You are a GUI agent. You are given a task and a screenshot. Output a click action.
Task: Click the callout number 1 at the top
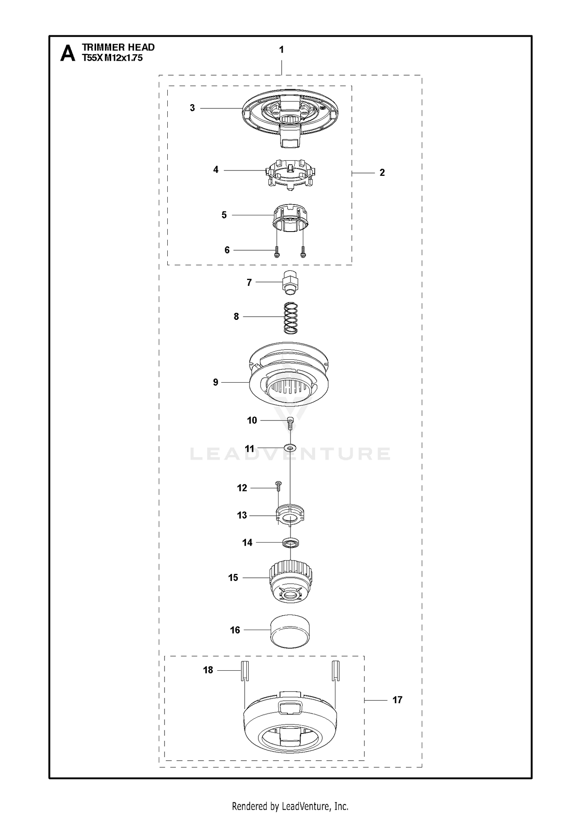pyautogui.click(x=282, y=50)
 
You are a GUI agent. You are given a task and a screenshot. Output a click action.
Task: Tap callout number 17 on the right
pyautogui.click(x=397, y=700)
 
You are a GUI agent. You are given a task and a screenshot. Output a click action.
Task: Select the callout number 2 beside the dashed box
pyautogui.click(x=382, y=173)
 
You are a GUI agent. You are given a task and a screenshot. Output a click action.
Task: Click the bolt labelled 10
pyautogui.click(x=290, y=424)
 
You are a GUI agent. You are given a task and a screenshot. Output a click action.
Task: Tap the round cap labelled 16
pyautogui.click(x=290, y=631)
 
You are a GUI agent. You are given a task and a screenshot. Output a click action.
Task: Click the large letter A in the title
pyautogui.click(x=68, y=53)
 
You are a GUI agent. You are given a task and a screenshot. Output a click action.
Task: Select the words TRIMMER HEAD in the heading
pyautogui.click(x=118, y=47)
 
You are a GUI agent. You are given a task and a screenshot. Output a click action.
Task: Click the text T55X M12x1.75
pyautogui.click(x=112, y=58)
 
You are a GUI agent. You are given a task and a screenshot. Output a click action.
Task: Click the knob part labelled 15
pyautogui.click(x=290, y=582)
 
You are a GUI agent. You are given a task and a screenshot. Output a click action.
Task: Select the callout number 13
pyautogui.click(x=242, y=515)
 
